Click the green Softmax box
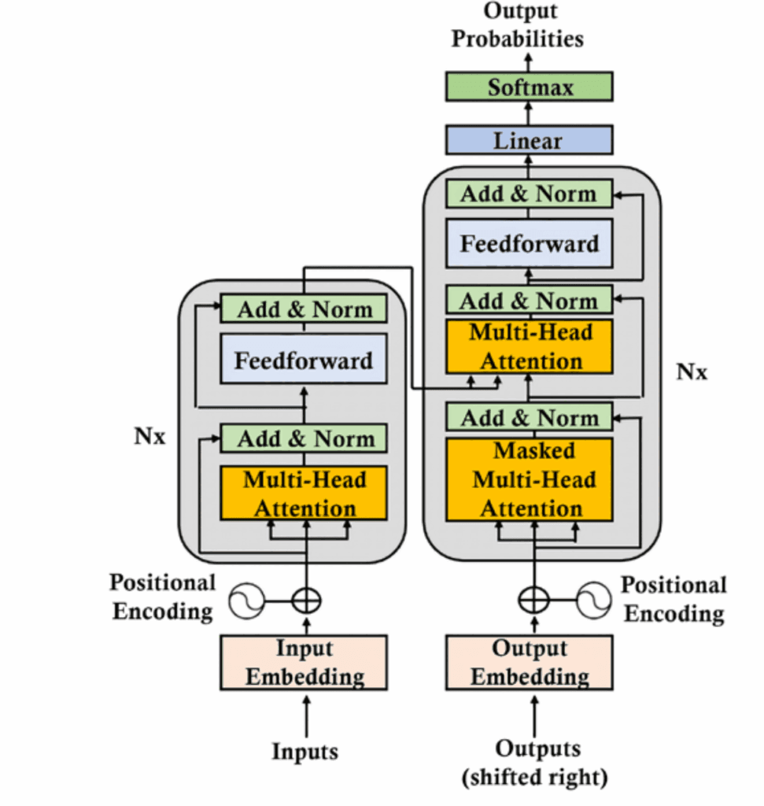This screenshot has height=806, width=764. (x=529, y=87)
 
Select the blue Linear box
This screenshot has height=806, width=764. (x=529, y=141)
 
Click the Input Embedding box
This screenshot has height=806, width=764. (x=304, y=663)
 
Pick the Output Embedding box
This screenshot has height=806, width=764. (x=529, y=663)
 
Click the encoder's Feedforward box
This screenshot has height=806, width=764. (x=304, y=361)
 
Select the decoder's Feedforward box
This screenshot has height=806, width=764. (x=529, y=243)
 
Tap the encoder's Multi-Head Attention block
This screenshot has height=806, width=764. (x=304, y=494)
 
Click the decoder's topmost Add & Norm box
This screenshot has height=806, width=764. (x=529, y=194)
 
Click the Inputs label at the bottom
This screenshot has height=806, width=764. (x=305, y=751)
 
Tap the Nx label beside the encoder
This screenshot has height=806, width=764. (x=149, y=437)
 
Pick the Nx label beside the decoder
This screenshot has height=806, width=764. (x=692, y=372)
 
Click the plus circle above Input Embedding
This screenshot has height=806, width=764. (x=306, y=601)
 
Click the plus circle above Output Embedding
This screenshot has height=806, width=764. (x=533, y=601)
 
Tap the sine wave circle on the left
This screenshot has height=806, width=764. (x=246, y=601)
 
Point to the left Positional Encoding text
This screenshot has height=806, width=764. (x=162, y=597)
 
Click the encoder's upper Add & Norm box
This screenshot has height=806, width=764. (x=304, y=309)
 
